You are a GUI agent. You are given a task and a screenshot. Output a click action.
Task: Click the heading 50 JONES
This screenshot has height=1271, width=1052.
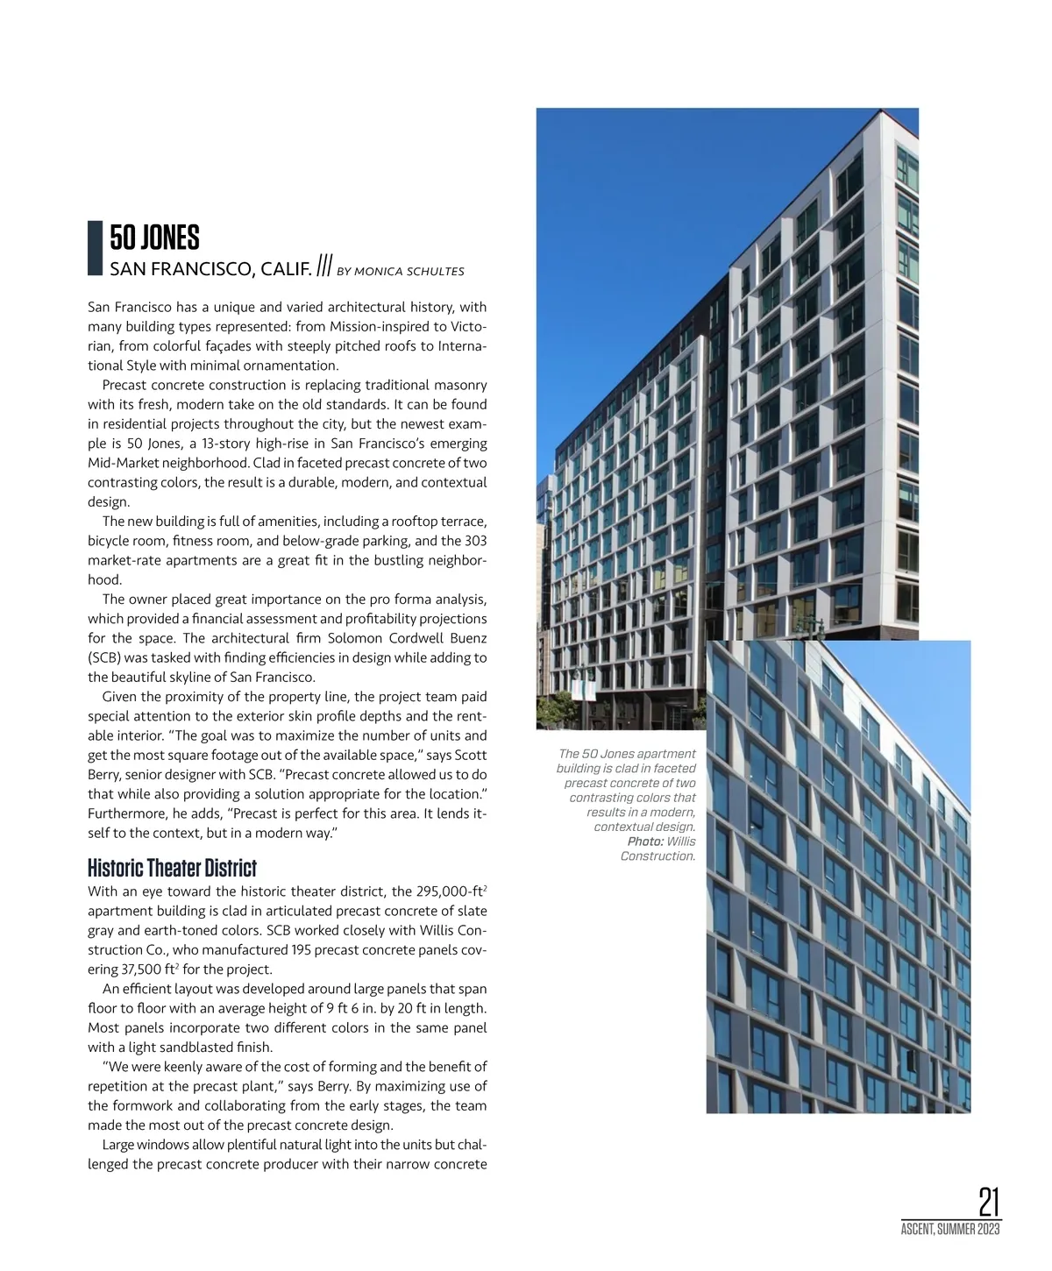pos(154,238)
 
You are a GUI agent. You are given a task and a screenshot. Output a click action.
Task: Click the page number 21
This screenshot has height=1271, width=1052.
pos(989,1202)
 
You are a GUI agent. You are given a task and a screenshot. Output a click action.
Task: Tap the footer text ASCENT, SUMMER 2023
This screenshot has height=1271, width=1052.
pos(950,1230)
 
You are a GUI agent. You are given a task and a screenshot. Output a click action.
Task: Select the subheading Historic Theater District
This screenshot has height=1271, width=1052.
pos(172,869)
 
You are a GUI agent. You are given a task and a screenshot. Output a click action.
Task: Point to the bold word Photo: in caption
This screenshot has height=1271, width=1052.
pos(644,841)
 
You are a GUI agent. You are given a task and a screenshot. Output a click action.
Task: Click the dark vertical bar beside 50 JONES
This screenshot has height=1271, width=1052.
pos(96,249)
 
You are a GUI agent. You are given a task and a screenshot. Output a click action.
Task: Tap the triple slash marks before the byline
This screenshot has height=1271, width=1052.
pos(324,266)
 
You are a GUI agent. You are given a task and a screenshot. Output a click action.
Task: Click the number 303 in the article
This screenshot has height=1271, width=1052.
pos(475,541)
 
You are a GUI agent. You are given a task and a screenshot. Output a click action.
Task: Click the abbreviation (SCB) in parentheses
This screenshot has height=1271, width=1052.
pos(105,658)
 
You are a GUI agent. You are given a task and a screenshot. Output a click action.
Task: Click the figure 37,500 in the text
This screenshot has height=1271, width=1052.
pos(146,969)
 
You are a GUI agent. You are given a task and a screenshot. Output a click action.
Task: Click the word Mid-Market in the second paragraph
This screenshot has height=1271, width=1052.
pos(124,463)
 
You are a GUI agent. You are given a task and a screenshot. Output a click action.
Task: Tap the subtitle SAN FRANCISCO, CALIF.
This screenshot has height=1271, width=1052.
pos(210,269)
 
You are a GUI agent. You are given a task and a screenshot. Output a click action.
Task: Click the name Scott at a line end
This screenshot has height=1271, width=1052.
pos(470,756)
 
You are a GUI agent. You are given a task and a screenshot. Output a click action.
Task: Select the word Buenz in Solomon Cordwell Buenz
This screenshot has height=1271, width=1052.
pos(468,638)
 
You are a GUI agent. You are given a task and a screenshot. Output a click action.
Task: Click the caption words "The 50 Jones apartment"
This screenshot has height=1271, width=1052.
pos(627,754)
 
